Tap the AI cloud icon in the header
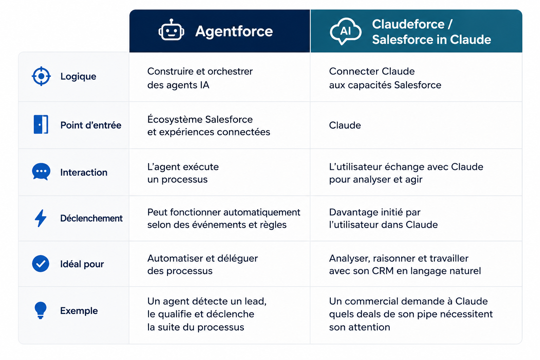346,31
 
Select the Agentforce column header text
234,31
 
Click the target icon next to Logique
41,76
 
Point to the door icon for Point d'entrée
41,124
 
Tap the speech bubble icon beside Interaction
41,172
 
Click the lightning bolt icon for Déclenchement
40,218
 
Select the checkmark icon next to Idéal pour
40,264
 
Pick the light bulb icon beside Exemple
40,310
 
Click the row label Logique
78,77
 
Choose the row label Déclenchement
91,218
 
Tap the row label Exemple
79,310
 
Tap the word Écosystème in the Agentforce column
174,119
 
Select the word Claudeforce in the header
409,24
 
